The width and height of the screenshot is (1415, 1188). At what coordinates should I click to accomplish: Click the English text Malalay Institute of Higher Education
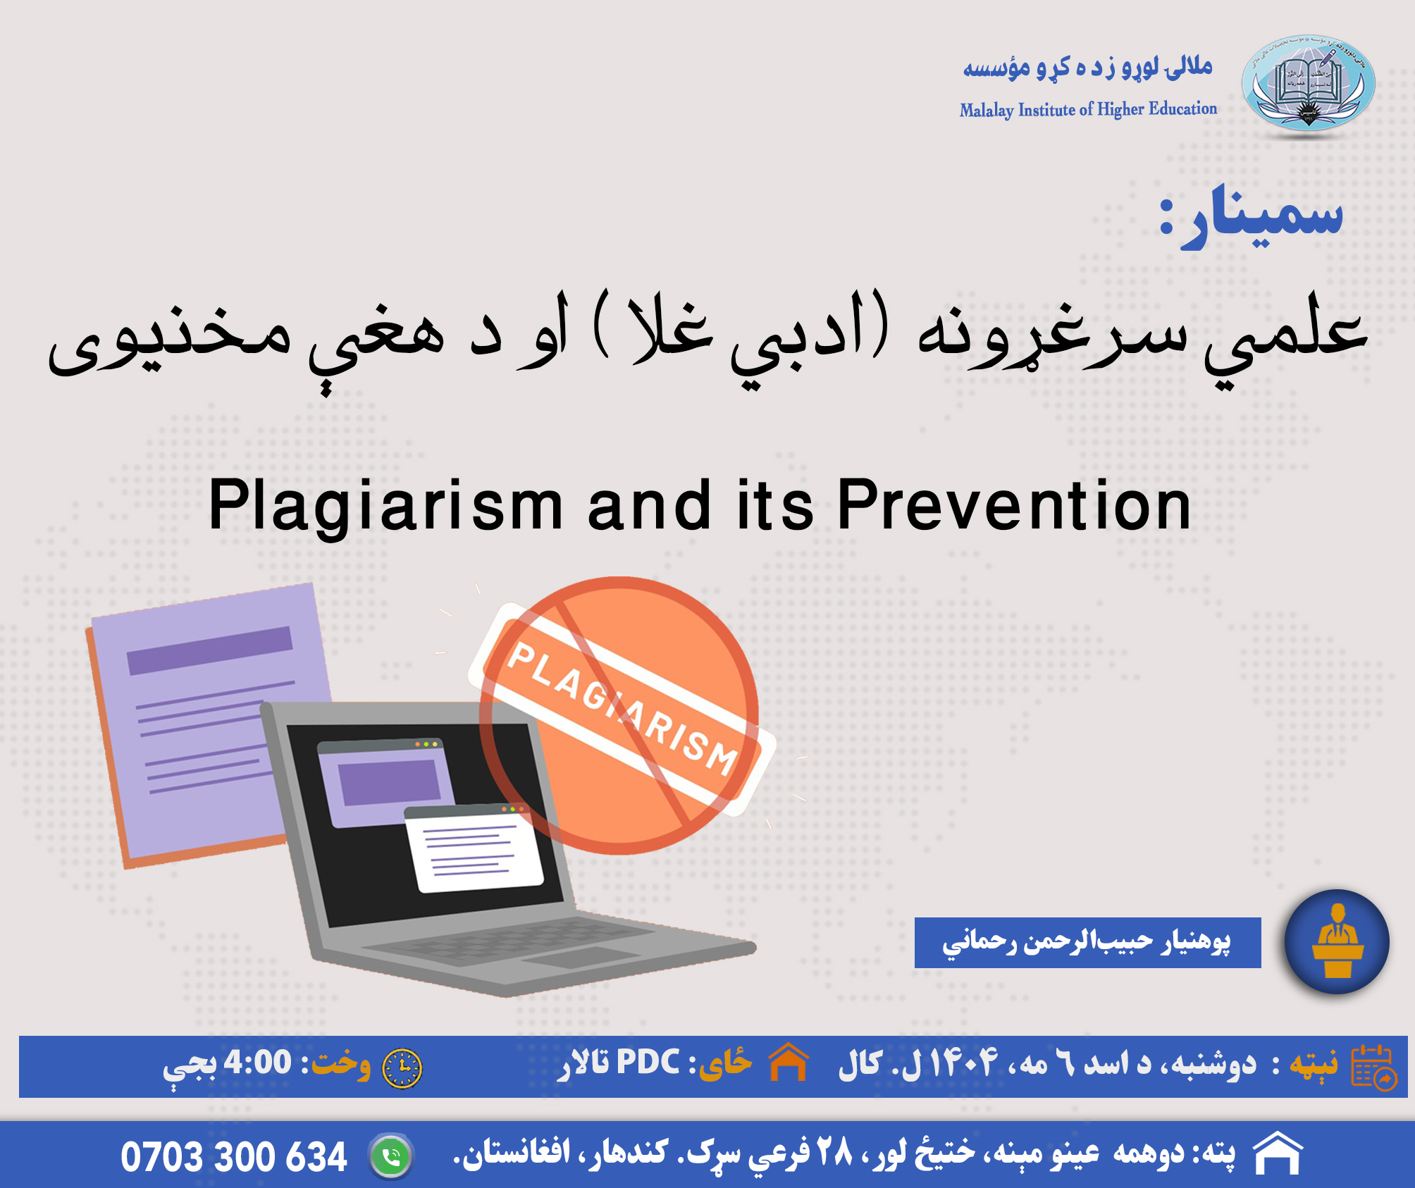(1088, 109)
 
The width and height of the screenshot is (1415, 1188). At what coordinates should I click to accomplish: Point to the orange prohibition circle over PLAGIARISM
(619, 715)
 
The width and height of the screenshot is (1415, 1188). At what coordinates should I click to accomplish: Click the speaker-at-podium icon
(1337, 941)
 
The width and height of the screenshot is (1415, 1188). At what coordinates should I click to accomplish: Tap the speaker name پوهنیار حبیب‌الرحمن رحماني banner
(1087, 942)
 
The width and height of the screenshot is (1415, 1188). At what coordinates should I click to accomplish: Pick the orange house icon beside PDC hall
(789, 1061)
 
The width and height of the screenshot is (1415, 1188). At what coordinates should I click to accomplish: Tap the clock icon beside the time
(402, 1068)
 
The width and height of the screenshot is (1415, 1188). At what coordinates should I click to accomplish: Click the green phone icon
(391, 1156)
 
